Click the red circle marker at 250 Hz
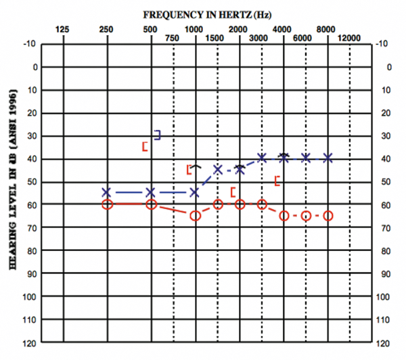107,204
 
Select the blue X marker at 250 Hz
107,192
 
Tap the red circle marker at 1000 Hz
196,215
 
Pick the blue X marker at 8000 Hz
328,158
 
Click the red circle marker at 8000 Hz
328,215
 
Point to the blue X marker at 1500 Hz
218,169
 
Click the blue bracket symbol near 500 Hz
158,135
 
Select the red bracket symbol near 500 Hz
145,146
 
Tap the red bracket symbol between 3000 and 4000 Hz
277,180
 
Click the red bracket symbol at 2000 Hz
233,192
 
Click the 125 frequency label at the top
62,29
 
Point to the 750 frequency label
173,38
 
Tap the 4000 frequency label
283,29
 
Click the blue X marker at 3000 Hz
262,158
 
